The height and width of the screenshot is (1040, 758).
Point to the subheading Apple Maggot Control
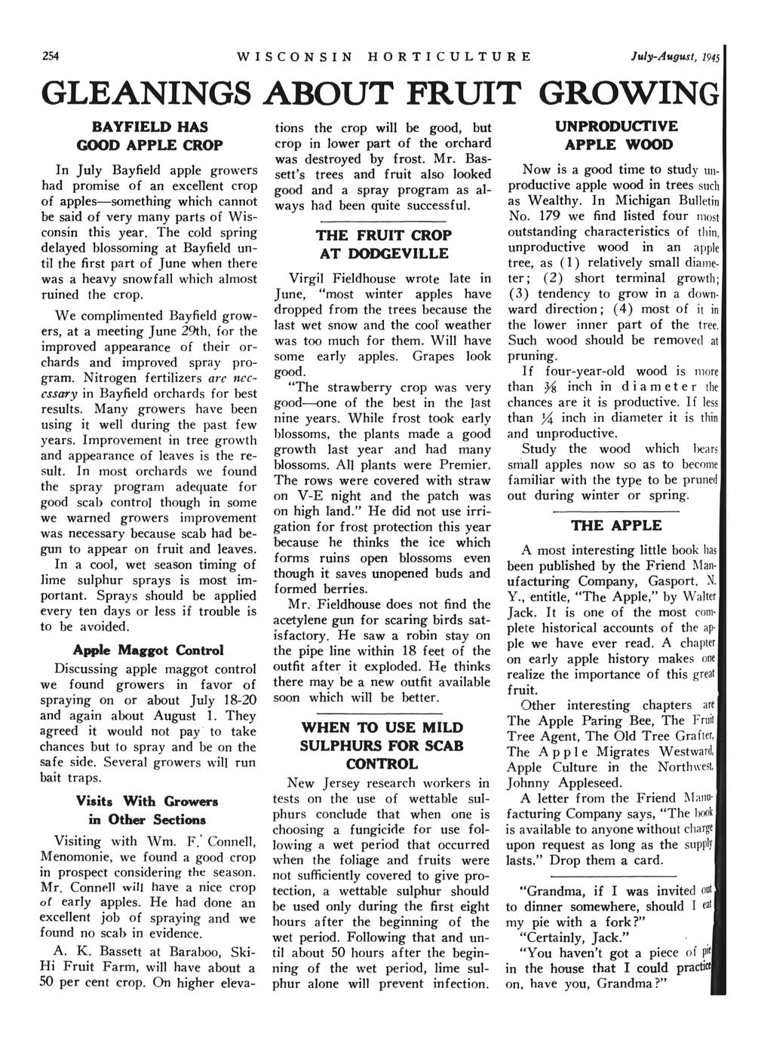tap(148, 650)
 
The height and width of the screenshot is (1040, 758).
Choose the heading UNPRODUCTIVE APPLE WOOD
tap(608, 135)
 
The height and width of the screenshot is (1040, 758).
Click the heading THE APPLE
tap(608, 525)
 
